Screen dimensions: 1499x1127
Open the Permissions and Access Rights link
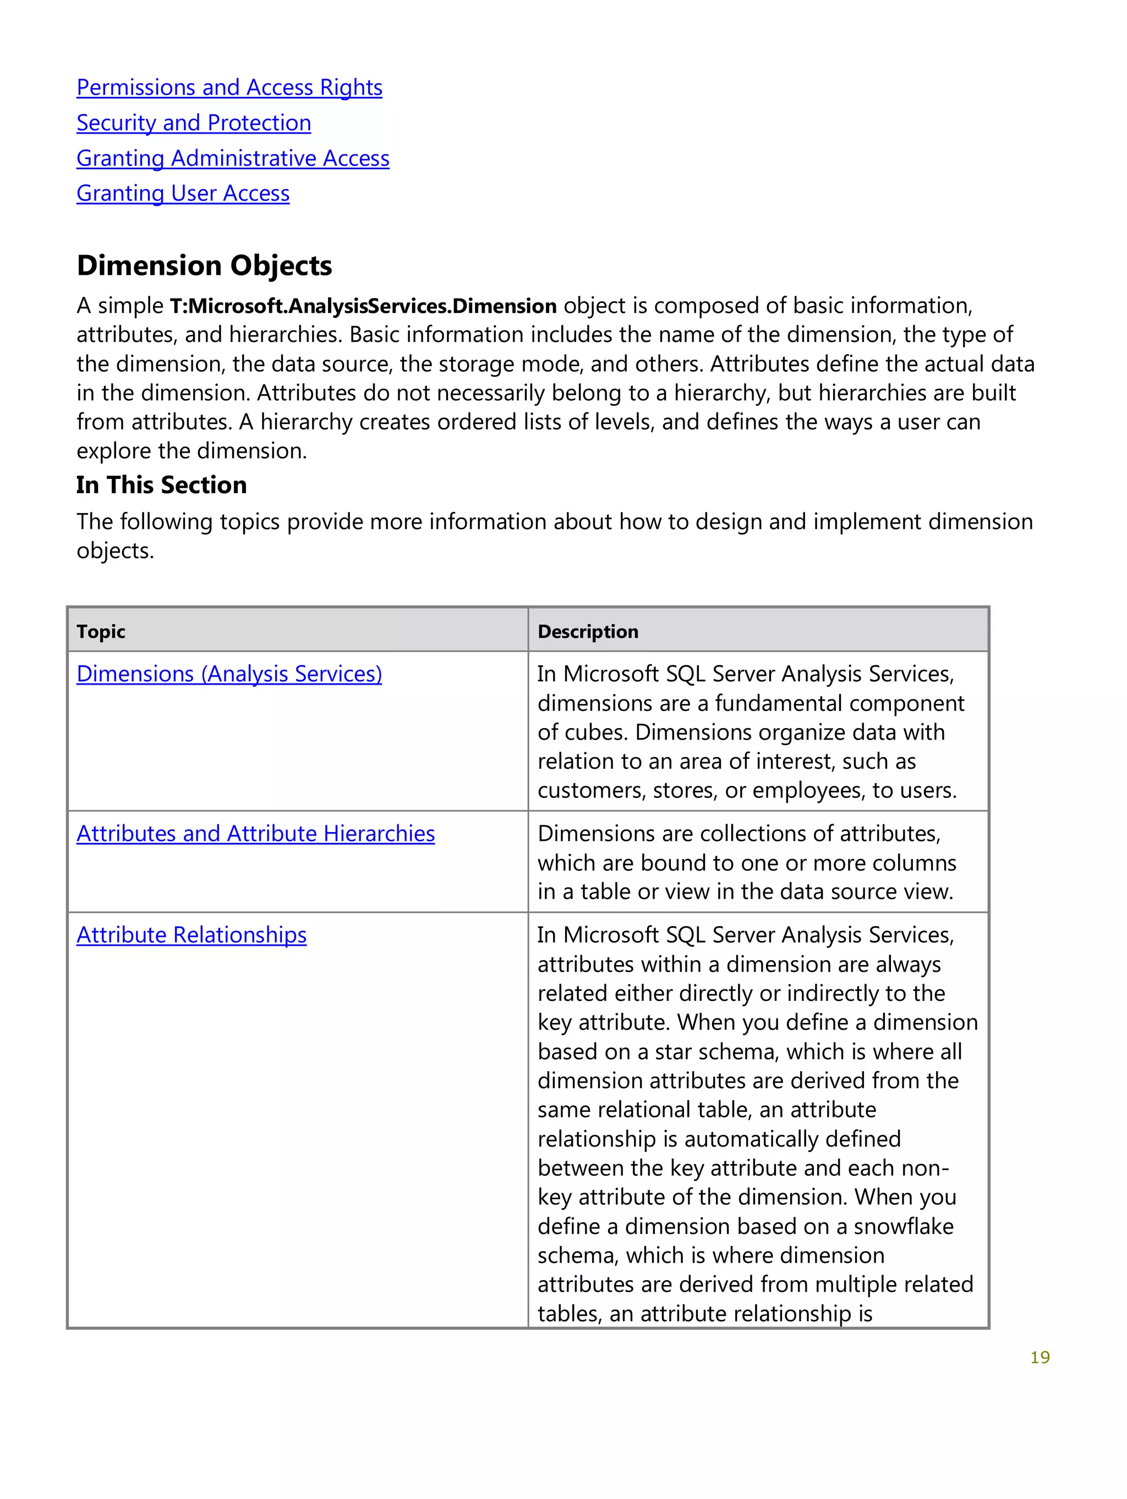(229, 87)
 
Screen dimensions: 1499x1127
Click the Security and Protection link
(193, 123)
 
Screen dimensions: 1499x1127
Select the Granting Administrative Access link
(233, 158)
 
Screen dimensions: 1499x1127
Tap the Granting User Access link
(182, 193)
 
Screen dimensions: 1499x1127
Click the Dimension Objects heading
(204, 265)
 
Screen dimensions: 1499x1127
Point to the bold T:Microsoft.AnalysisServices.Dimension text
(363, 306)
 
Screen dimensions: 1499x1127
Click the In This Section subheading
(161, 484)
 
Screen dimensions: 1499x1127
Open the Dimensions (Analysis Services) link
(229, 674)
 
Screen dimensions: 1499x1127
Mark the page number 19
(1039, 1357)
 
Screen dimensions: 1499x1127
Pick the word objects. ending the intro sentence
(114, 551)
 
